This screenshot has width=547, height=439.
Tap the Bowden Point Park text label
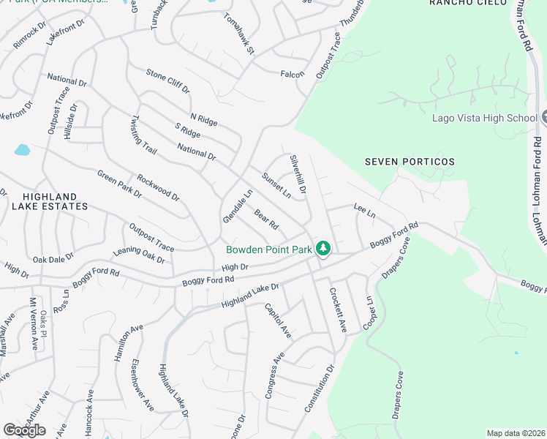(269, 249)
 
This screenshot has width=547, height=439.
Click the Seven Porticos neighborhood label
(410, 162)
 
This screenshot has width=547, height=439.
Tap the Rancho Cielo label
(468, 3)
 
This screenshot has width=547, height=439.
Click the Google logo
(23, 430)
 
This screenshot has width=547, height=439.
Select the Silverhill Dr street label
(298, 173)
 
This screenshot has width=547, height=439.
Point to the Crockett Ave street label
(336, 309)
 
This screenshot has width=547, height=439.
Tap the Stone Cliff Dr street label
(167, 80)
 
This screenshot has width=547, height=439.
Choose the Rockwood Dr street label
(157, 187)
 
